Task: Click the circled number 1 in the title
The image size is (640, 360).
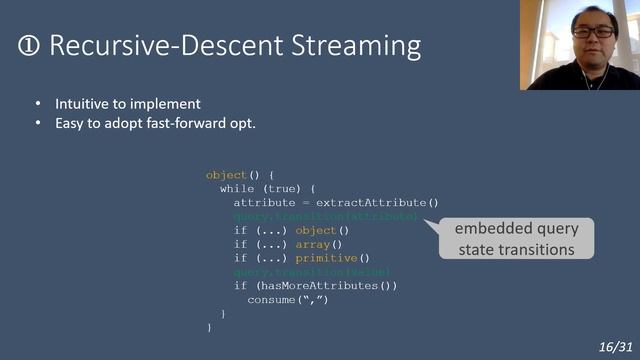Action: (x=29, y=46)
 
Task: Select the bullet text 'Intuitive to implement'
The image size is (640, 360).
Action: (x=128, y=104)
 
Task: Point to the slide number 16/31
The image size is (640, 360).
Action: (x=615, y=345)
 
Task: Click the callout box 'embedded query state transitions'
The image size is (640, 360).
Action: (x=516, y=239)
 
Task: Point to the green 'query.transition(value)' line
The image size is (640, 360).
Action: (x=311, y=272)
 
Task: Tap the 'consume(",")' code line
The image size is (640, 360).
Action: (x=287, y=300)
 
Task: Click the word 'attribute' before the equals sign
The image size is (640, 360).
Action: (x=264, y=202)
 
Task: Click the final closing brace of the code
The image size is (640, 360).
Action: (x=209, y=327)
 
